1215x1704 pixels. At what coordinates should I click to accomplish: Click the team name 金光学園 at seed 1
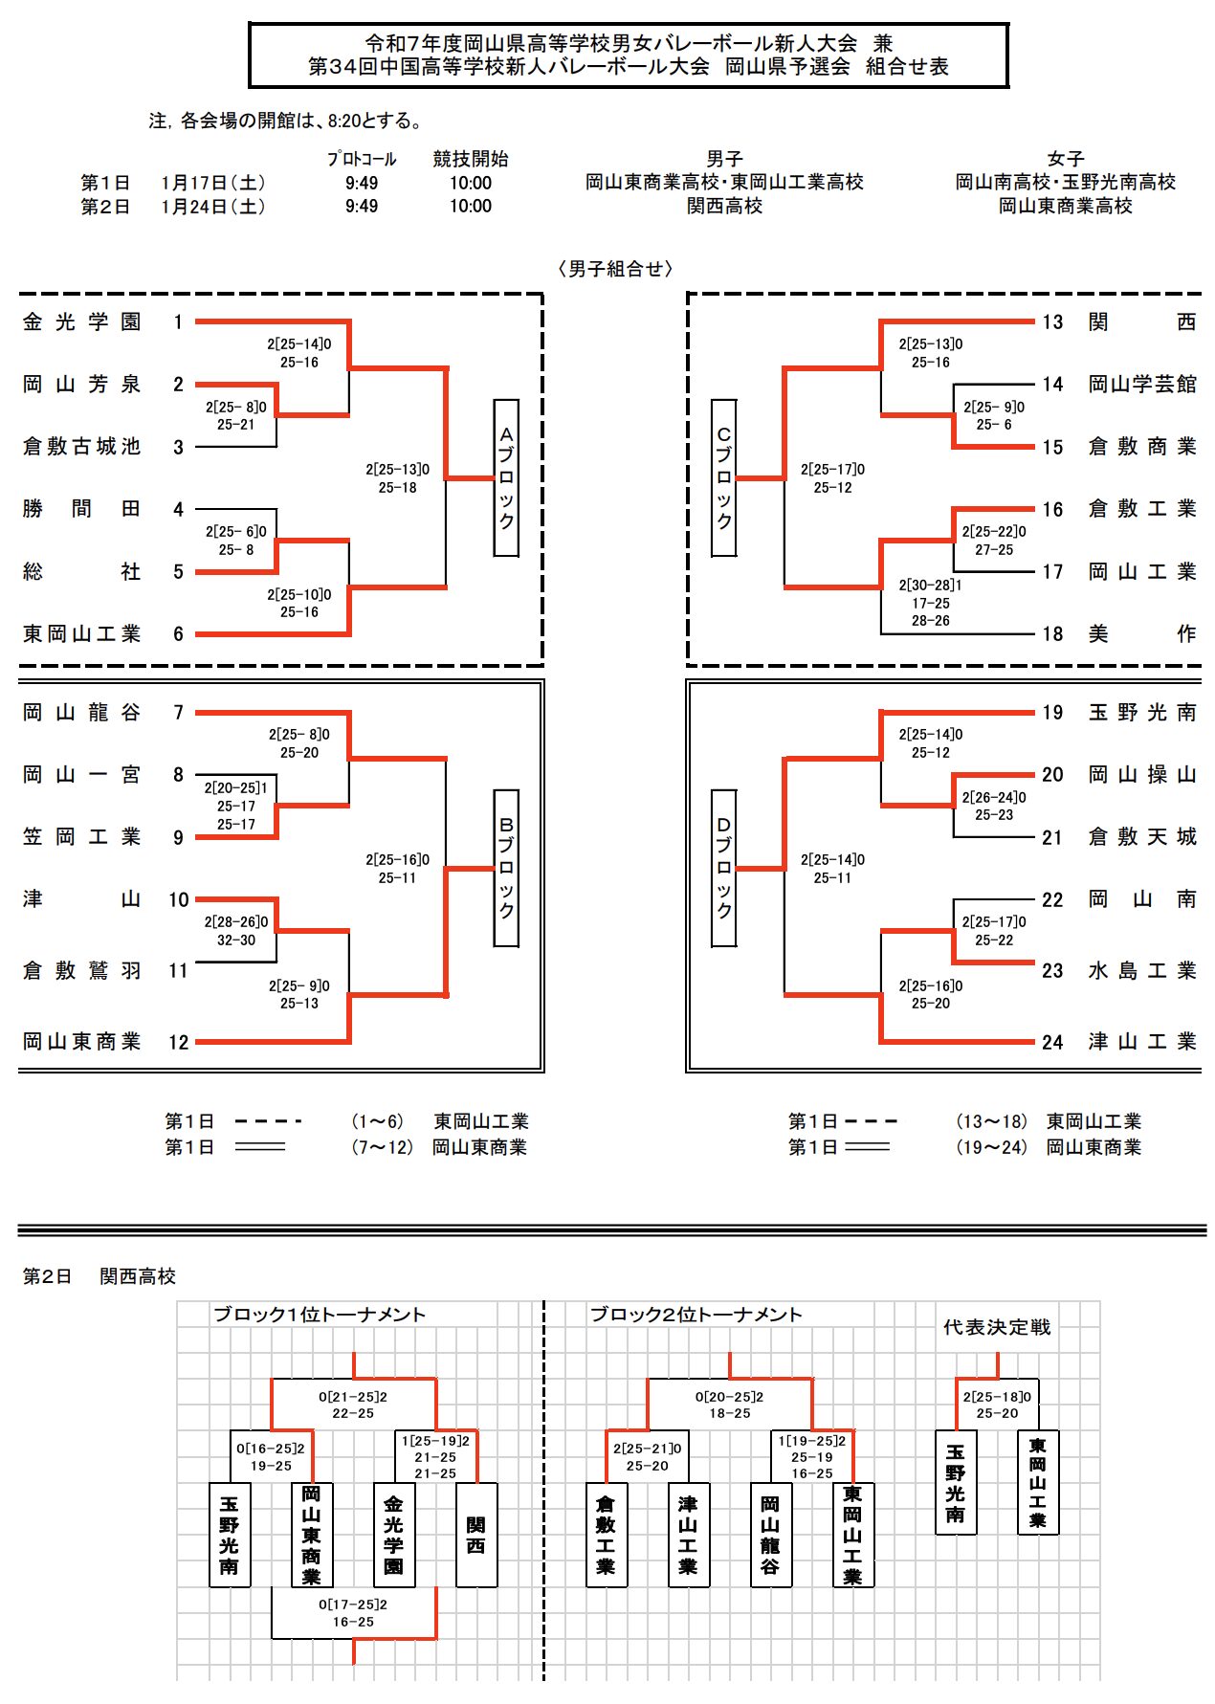pyautogui.click(x=82, y=322)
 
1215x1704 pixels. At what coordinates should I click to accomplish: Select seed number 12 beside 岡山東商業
pyautogui.click(x=179, y=1042)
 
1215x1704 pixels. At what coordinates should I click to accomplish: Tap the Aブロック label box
pyautogui.click(x=506, y=477)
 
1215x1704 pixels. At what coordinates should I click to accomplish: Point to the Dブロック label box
pyautogui.click(x=724, y=868)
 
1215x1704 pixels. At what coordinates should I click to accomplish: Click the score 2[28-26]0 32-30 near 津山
pyautogui.click(x=236, y=931)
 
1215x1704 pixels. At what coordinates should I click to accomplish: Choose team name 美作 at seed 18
pyautogui.click(x=1142, y=633)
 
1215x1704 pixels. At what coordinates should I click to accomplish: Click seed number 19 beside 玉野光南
pyautogui.click(x=1052, y=713)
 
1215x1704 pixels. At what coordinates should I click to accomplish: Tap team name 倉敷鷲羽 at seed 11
pyautogui.click(x=82, y=971)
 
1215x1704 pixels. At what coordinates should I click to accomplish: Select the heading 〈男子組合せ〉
pyautogui.click(x=616, y=269)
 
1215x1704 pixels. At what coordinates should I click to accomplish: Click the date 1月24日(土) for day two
pyautogui.click(x=212, y=207)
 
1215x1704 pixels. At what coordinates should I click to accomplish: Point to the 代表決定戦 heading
pyautogui.click(x=997, y=1327)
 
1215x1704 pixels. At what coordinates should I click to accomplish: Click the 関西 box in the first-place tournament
pyautogui.click(x=476, y=1535)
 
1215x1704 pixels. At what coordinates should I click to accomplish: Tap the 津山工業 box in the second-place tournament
pyautogui.click(x=688, y=1535)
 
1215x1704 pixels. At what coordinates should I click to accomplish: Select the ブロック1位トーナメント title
pyautogui.click(x=319, y=1315)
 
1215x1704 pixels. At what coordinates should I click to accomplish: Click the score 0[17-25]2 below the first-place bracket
pyautogui.click(x=353, y=1613)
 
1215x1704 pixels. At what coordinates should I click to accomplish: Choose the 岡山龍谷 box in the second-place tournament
pyautogui.click(x=770, y=1535)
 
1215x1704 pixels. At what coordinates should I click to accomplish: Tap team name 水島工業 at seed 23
pyautogui.click(x=1142, y=971)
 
